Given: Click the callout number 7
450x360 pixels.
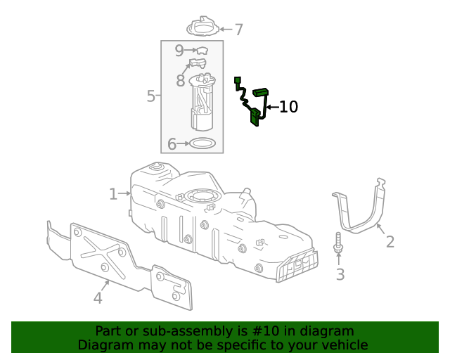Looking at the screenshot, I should [x=238, y=30].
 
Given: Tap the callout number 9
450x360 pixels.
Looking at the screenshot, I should [x=179, y=51].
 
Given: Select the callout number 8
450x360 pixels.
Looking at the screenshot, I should [x=181, y=81].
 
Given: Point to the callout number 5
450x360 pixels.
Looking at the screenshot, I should [x=150, y=96].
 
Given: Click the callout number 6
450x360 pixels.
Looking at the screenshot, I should [x=172, y=145].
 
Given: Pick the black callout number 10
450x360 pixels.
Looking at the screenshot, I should [x=288, y=107].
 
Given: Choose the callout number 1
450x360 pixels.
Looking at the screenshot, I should [x=113, y=193].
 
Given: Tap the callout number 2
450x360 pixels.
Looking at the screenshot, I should [x=390, y=242].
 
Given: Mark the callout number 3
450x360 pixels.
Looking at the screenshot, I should [x=340, y=274].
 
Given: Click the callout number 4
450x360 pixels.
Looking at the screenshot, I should [x=98, y=298].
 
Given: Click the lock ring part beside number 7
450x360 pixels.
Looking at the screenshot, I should [x=202, y=27].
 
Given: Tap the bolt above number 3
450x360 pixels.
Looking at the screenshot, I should [x=338, y=243].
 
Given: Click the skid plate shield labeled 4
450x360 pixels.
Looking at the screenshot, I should [x=120, y=264].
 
